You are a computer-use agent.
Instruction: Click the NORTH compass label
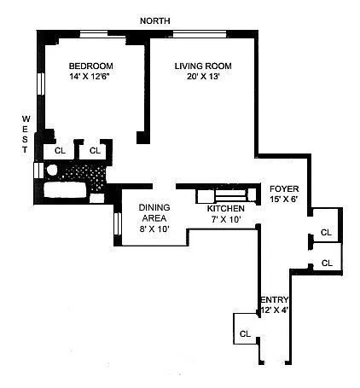click(155, 20)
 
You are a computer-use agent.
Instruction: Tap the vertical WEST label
click(26, 134)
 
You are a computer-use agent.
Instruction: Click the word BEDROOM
click(91, 66)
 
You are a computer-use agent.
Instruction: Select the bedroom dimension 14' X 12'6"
click(90, 77)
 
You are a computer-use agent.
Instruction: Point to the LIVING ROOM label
click(203, 66)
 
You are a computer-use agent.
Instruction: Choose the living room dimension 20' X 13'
click(203, 77)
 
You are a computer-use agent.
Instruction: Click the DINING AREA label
click(154, 212)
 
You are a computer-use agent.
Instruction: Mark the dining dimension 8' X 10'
click(154, 229)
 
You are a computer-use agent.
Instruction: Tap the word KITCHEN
click(225, 208)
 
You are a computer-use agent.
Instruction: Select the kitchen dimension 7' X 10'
click(226, 219)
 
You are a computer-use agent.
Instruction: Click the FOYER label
click(284, 188)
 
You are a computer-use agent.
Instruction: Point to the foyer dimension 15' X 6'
click(284, 200)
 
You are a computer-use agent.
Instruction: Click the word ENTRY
click(275, 299)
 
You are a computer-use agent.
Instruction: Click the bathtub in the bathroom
click(65, 190)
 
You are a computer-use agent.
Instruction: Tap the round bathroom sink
click(52, 170)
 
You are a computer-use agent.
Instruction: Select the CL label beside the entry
click(245, 333)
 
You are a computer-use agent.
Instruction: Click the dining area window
click(118, 223)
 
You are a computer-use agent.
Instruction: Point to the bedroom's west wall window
click(41, 84)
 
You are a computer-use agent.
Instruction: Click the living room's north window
click(200, 34)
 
